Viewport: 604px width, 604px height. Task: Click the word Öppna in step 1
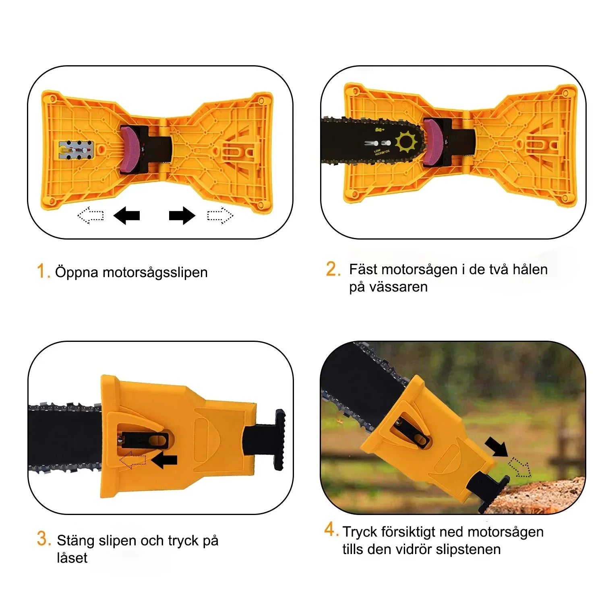coord(77,273)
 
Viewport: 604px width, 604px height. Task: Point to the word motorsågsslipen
coord(155,273)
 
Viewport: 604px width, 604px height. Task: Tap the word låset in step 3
coord(72,558)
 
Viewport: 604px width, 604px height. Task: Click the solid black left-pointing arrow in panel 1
coord(127,215)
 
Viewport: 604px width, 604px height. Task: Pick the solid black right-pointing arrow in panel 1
coord(182,215)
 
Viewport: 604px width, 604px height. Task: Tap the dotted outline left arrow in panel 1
coord(91,215)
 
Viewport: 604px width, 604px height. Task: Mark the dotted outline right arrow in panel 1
coord(220,215)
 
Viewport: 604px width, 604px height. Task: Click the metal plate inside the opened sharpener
coord(77,150)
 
